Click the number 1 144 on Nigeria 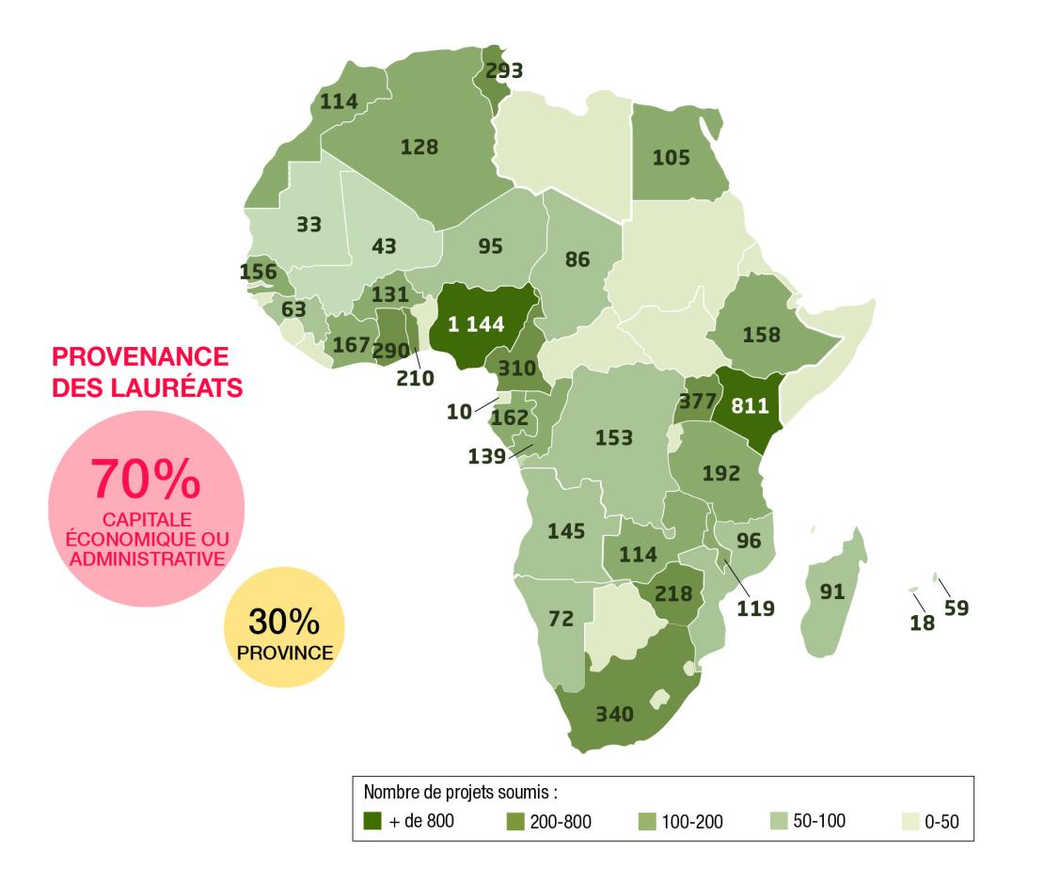coord(475,324)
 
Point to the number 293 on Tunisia coord(503,71)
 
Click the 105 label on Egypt coord(672,157)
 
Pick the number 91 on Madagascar coord(832,592)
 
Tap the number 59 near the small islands coord(957,607)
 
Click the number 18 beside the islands coord(922,622)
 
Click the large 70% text coord(146,480)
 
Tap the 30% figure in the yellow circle coord(284,622)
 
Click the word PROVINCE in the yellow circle coord(285,650)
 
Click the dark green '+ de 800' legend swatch coord(372,821)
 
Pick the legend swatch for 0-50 coord(910,821)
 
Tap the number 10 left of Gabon coord(460,412)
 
